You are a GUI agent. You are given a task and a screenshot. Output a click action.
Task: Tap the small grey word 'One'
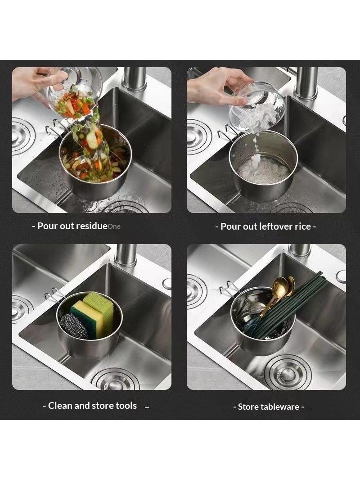coord(114,226)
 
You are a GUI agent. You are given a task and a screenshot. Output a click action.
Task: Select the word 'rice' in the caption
coord(303,226)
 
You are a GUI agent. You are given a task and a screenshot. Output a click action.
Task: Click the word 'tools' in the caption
coord(126,405)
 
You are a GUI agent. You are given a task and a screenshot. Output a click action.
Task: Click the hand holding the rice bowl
coord(214,87)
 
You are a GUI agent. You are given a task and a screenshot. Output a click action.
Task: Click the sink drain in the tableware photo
coord(288,372)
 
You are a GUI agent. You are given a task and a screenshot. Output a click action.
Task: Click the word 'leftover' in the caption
coord(275,226)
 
